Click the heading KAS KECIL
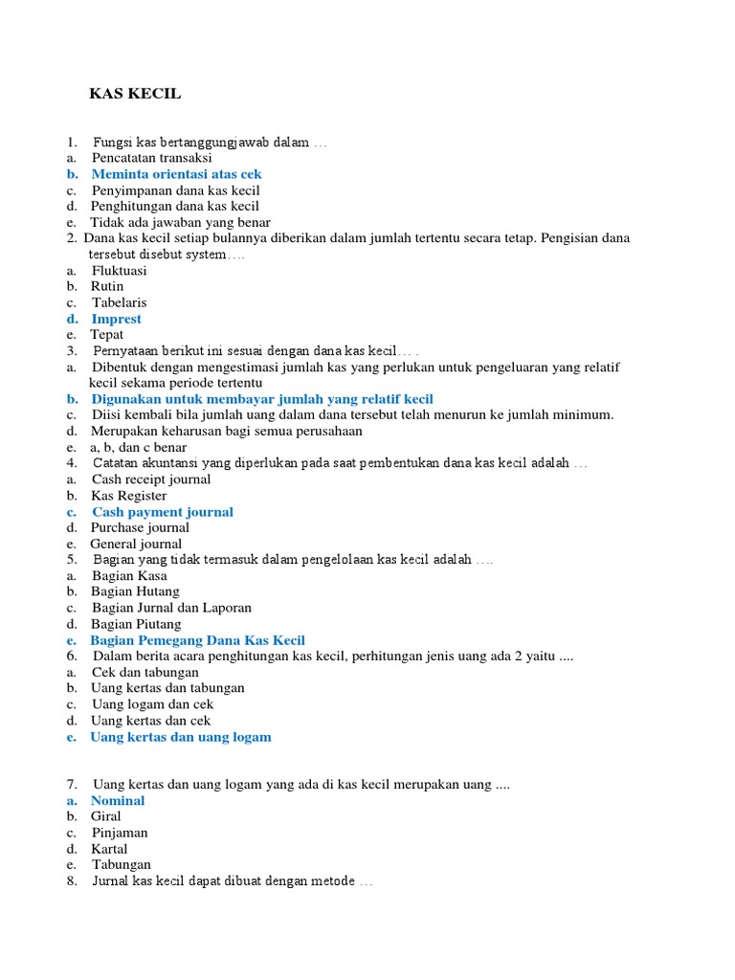(x=135, y=94)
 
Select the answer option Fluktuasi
(x=119, y=271)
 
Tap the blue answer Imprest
(x=116, y=319)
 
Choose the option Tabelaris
(x=120, y=302)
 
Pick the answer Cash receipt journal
(x=152, y=479)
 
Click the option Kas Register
(x=128, y=496)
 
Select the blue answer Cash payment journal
(x=162, y=512)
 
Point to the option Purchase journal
(x=140, y=527)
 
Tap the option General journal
(x=136, y=544)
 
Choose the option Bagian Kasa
(x=129, y=576)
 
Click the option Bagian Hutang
(x=135, y=591)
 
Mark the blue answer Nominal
(x=118, y=800)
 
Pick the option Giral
(x=106, y=816)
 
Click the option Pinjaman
(x=120, y=833)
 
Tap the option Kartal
(x=109, y=849)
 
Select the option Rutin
(x=107, y=286)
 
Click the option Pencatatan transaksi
(x=151, y=158)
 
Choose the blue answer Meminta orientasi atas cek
(x=176, y=174)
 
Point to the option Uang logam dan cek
(x=152, y=704)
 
